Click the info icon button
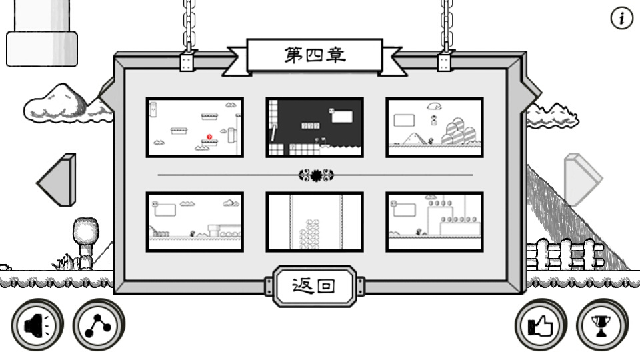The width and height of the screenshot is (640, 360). tap(621, 19)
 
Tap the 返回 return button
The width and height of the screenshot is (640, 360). tap(314, 286)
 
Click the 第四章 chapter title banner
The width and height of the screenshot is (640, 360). tap(315, 55)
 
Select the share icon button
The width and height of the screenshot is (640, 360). tap(99, 325)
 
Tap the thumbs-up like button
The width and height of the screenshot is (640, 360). tap(541, 325)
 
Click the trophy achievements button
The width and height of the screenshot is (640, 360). tap(602, 325)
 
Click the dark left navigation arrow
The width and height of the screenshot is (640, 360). tap(57, 180)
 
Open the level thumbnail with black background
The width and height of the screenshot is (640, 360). tap(314, 127)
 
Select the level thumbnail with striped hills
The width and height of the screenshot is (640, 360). tap(434, 127)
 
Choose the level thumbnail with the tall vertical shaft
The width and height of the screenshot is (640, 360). tap(314, 221)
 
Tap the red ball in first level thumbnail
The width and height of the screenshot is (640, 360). tap(209, 137)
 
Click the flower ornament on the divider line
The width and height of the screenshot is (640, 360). tap(316, 175)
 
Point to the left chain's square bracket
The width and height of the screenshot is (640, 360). tap(187, 62)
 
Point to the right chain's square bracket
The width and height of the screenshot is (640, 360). tap(445, 62)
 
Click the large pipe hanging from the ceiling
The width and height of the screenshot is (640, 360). tap(42, 33)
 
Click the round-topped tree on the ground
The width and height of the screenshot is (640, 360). tap(86, 243)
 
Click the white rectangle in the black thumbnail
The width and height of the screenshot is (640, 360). tap(342, 117)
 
